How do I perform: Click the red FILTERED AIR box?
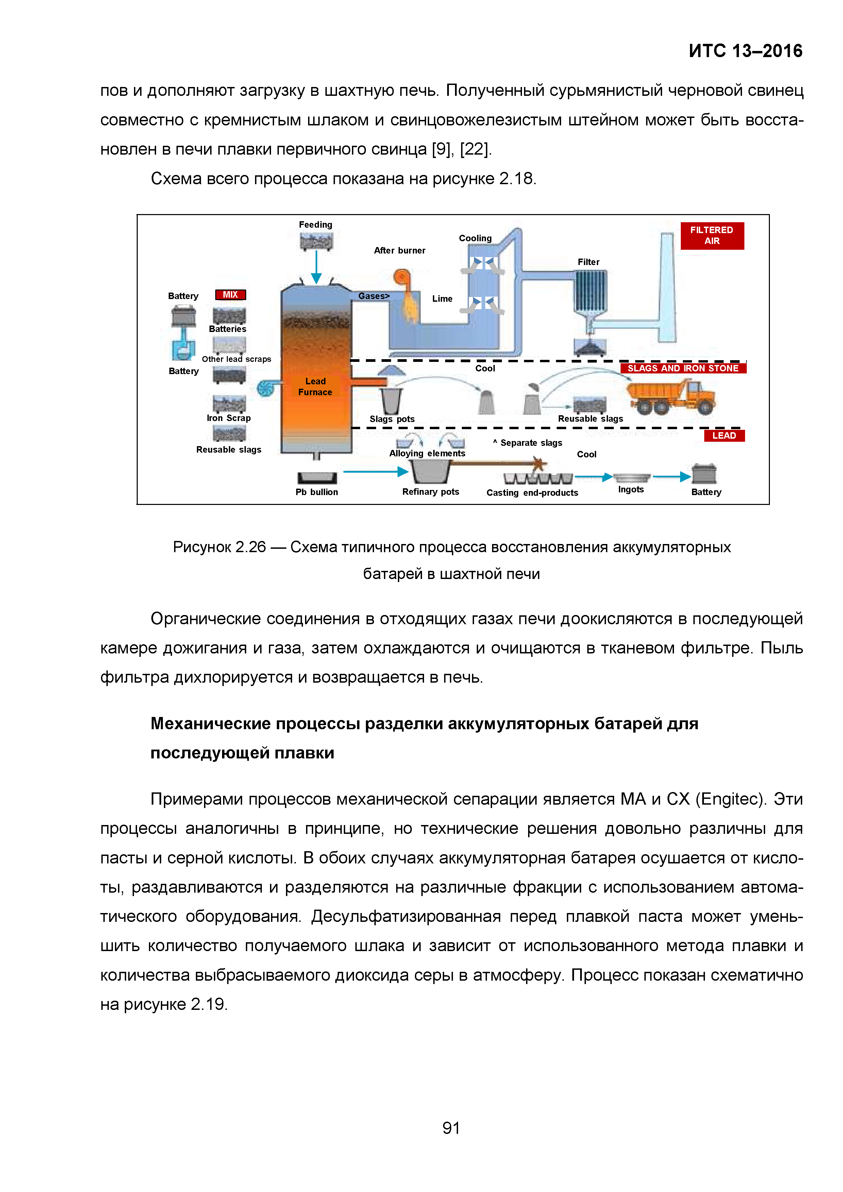point(712,236)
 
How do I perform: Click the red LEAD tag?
point(724,436)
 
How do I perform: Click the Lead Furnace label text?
point(315,387)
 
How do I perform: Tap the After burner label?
point(400,250)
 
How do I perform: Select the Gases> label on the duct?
point(373,296)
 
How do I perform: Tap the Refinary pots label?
point(431,492)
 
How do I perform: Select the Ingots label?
point(630,490)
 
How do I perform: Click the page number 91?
point(451,1128)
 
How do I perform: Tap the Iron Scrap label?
point(229,418)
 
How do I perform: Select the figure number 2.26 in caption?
point(250,547)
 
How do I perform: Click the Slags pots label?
point(392,419)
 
